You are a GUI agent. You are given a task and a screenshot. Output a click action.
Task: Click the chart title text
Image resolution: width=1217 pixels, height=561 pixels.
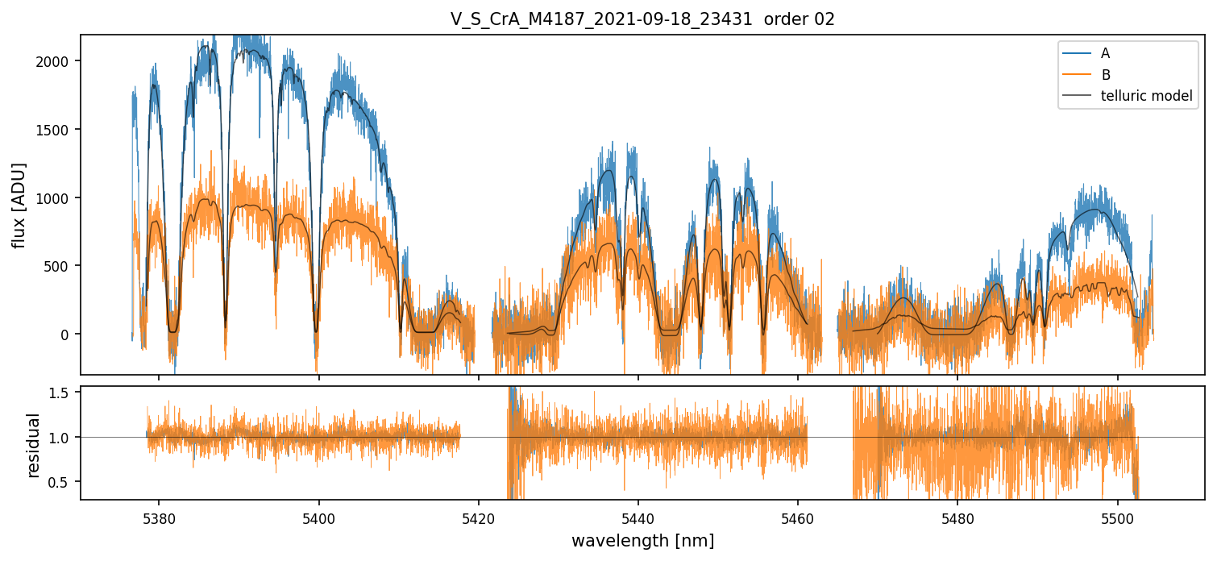tap(642, 19)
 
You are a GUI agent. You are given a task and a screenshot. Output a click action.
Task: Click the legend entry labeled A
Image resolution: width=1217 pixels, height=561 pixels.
tap(1105, 53)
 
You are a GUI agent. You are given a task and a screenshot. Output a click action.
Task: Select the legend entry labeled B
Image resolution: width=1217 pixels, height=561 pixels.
tap(1105, 75)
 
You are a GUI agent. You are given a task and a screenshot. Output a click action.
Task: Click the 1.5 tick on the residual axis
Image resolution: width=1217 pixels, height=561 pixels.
tap(64, 392)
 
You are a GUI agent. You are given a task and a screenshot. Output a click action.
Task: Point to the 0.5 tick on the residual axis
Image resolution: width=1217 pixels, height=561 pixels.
tap(64, 482)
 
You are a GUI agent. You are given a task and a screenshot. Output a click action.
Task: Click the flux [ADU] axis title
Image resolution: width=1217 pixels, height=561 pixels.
tap(19, 205)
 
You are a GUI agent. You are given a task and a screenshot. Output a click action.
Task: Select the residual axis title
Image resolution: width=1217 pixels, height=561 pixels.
tap(34, 445)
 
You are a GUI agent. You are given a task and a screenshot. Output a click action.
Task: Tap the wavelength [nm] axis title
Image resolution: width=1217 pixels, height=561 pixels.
tap(642, 540)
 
